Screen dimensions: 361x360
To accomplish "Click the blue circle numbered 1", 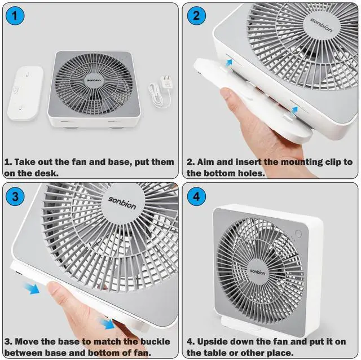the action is pyautogui.click(x=15, y=16).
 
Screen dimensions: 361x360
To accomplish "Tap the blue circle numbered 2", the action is pyautogui.click(x=196, y=16).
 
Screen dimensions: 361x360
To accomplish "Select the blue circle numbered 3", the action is pyautogui.click(x=15, y=196).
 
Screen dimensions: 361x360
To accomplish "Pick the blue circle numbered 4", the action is pyautogui.click(x=196, y=196).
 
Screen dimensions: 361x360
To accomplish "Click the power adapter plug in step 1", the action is pyautogui.click(x=166, y=82).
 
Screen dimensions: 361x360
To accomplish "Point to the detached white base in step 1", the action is pyautogui.click(x=25, y=93).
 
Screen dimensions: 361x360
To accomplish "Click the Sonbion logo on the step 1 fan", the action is pyautogui.click(x=94, y=80).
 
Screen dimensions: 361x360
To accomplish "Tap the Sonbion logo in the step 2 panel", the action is pyautogui.click(x=321, y=25).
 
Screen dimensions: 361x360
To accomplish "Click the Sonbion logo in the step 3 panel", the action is pyautogui.click(x=122, y=203).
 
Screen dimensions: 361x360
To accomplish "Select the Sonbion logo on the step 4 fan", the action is pyautogui.click(x=258, y=272).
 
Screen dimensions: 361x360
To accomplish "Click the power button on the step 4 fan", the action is pyautogui.click(x=298, y=234).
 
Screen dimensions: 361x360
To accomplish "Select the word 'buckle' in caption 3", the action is pyautogui.click(x=155, y=341).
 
